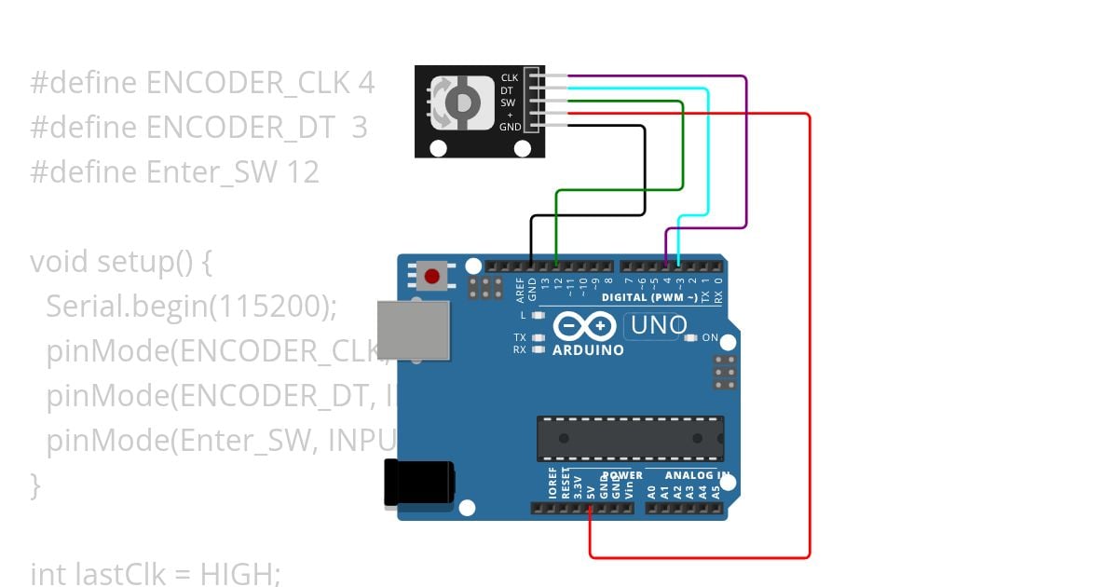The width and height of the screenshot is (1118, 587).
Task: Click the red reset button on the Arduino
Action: (x=431, y=276)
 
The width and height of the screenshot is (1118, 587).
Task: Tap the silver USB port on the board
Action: (x=412, y=329)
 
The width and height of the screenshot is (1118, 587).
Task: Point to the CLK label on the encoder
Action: (x=509, y=77)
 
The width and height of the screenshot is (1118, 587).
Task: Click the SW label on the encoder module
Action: (x=509, y=102)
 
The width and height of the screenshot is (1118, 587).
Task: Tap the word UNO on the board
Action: (x=659, y=326)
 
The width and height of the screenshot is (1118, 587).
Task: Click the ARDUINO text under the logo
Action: (x=588, y=350)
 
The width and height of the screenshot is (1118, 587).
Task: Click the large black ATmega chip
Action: (x=630, y=438)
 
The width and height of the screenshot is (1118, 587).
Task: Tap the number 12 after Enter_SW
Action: (x=304, y=171)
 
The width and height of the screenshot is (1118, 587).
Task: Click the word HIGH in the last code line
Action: (x=236, y=573)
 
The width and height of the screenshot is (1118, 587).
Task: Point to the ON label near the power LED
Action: (x=710, y=337)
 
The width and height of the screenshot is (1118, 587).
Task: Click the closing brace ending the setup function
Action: (x=35, y=485)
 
